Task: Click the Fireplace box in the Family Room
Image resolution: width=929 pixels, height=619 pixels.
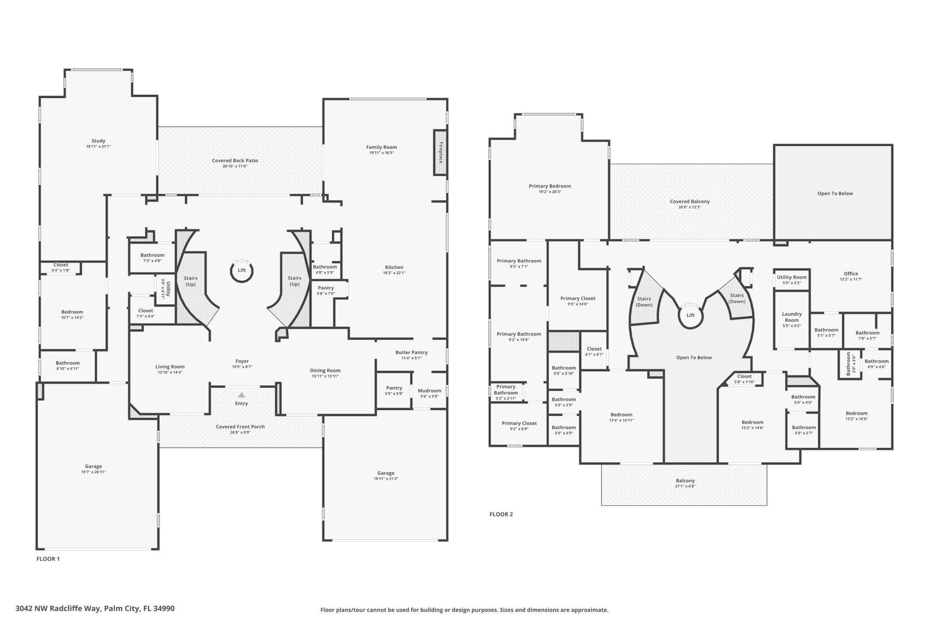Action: [440, 153]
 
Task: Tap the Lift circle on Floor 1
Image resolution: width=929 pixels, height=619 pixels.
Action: [241, 270]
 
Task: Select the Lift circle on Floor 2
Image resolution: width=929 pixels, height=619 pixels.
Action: [690, 315]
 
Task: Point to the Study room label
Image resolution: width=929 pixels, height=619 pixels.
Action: [98, 141]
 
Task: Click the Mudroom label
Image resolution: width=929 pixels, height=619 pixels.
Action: [429, 391]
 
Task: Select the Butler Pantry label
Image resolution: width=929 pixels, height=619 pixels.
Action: [411, 353]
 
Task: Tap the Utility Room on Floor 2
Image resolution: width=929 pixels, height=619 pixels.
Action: [792, 278]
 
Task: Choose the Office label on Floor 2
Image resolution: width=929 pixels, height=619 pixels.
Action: [851, 274]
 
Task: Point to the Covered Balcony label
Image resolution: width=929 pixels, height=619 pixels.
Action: [689, 202]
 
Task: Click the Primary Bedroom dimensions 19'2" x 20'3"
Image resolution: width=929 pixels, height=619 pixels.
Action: [550, 192]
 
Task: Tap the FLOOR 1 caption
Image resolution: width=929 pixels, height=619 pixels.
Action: [48, 559]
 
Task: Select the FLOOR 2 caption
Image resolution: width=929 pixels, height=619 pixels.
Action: [501, 514]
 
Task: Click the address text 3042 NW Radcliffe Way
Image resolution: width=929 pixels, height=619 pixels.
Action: [95, 608]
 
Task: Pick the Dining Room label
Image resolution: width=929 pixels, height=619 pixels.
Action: [325, 370]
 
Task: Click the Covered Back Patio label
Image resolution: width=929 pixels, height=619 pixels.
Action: [235, 161]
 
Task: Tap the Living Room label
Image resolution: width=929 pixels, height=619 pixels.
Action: [170, 367]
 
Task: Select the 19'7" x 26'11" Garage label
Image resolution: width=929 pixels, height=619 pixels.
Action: [93, 472]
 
